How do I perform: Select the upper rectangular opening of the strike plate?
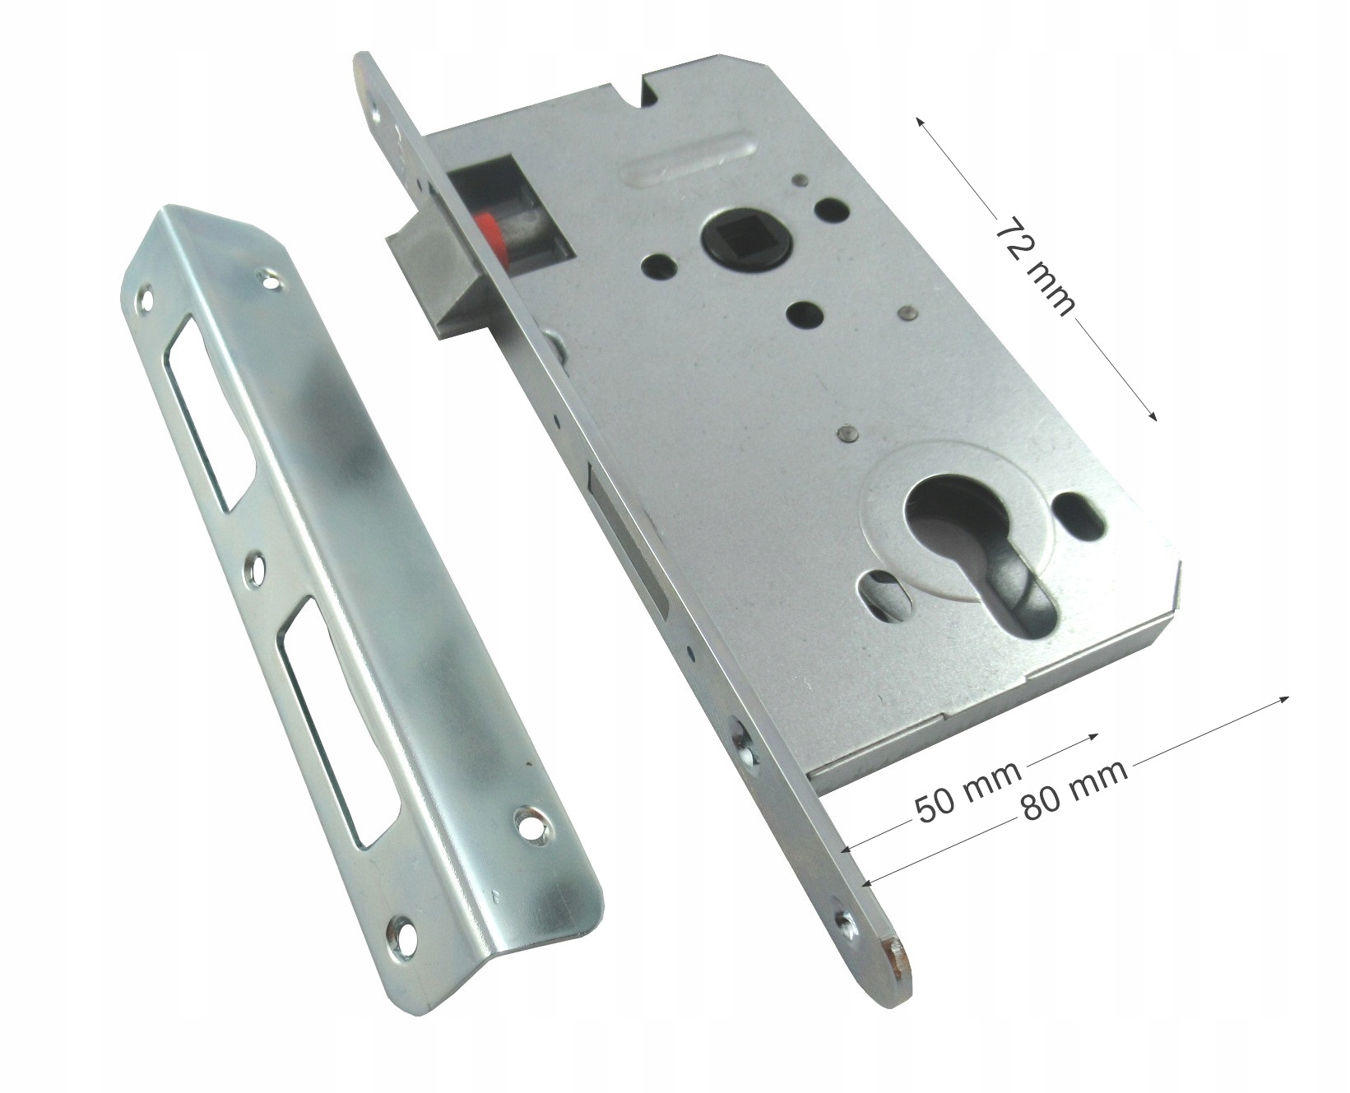click(210, 419)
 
